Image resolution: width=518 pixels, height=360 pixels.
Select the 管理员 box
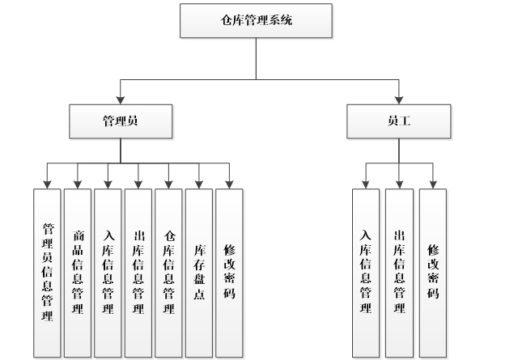coord(121,121)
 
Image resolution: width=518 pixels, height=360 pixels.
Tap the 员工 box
coord(398,121)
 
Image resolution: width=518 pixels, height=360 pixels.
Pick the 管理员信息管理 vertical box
coord(47,273)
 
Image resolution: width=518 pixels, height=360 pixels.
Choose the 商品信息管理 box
coord(78,273)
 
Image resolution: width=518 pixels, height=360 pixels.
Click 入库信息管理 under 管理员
coord(108,273)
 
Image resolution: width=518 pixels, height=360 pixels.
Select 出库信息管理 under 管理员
coord(138,273)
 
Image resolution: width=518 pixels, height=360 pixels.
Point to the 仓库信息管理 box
coord(168,273)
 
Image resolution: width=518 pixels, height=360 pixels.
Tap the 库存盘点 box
coord(199,273)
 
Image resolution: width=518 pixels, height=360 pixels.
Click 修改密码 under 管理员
coord(229,273)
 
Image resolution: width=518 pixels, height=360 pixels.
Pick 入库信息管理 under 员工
coord(366,273)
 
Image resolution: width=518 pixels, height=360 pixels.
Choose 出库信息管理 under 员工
coord(399,273)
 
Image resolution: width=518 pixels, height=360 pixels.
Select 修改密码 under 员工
coord(433,273)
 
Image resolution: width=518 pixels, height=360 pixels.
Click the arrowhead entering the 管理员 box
coord(121,100)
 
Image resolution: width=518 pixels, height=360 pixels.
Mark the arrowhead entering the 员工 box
coord(398,100)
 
